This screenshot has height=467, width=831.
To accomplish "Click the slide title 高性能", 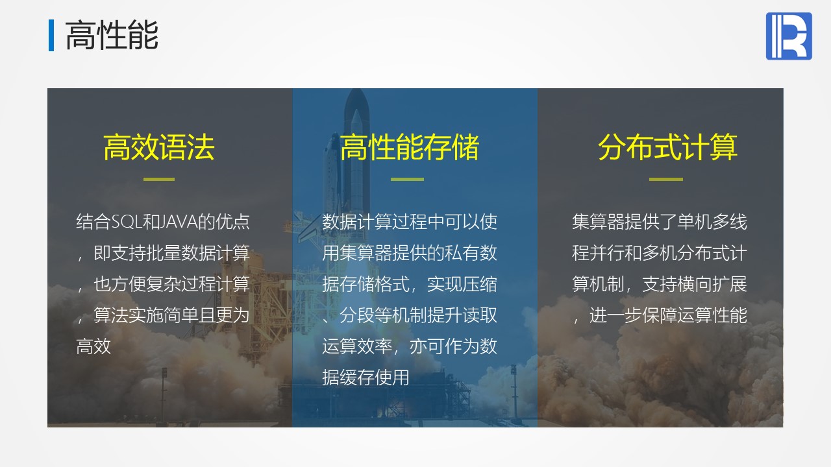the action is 112,35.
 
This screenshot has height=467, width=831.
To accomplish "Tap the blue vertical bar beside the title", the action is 51,35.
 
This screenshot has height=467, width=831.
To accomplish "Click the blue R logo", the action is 789,36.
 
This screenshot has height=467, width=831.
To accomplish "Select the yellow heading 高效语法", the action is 159,147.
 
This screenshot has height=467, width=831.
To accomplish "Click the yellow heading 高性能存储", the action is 409,147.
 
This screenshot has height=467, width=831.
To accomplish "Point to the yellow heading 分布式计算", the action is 667,147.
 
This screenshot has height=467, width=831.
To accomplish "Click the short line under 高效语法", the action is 159,179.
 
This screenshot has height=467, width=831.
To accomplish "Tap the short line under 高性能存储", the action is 407,179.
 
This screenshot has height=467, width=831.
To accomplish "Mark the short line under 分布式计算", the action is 666,179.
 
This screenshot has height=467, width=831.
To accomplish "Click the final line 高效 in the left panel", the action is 93,346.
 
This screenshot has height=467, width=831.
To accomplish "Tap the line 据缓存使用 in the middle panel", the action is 366,377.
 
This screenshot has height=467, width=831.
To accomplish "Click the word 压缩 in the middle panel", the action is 479,284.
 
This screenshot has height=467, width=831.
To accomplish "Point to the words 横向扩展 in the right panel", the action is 712,284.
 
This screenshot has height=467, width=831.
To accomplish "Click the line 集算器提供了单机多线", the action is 659,222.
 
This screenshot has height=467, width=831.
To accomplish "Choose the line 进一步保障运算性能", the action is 668,315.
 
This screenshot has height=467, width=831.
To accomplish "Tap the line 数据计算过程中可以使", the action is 409,222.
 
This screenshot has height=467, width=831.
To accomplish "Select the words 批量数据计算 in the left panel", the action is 198,253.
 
